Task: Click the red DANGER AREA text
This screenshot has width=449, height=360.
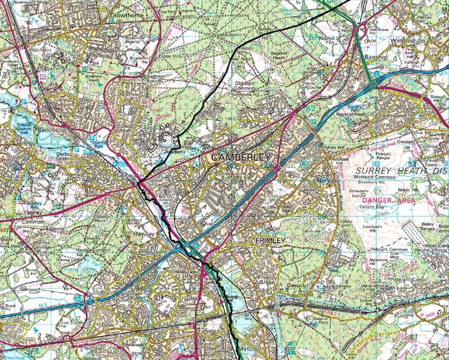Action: pyautogui.click(x=389, y=200)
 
